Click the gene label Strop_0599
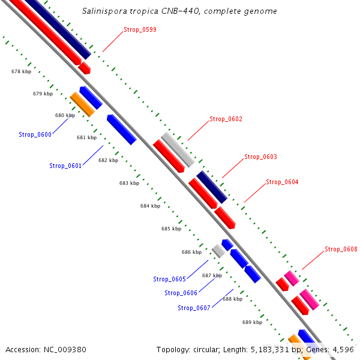(140, 29)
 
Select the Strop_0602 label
(226, 119)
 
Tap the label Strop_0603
(260, 157)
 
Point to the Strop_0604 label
(282, 182)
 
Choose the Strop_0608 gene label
(341, 250)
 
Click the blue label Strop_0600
(35, 135)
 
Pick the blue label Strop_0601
(65, 166)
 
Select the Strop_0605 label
(169, 280)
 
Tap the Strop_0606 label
(181, 293)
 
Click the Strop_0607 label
(194, 308)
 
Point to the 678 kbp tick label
(21, 72)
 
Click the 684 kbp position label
(150, 206)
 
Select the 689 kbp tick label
(252, 323)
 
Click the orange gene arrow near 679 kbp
(82, 104)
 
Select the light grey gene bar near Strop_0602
(178, 149)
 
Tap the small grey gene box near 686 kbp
(218, 251)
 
